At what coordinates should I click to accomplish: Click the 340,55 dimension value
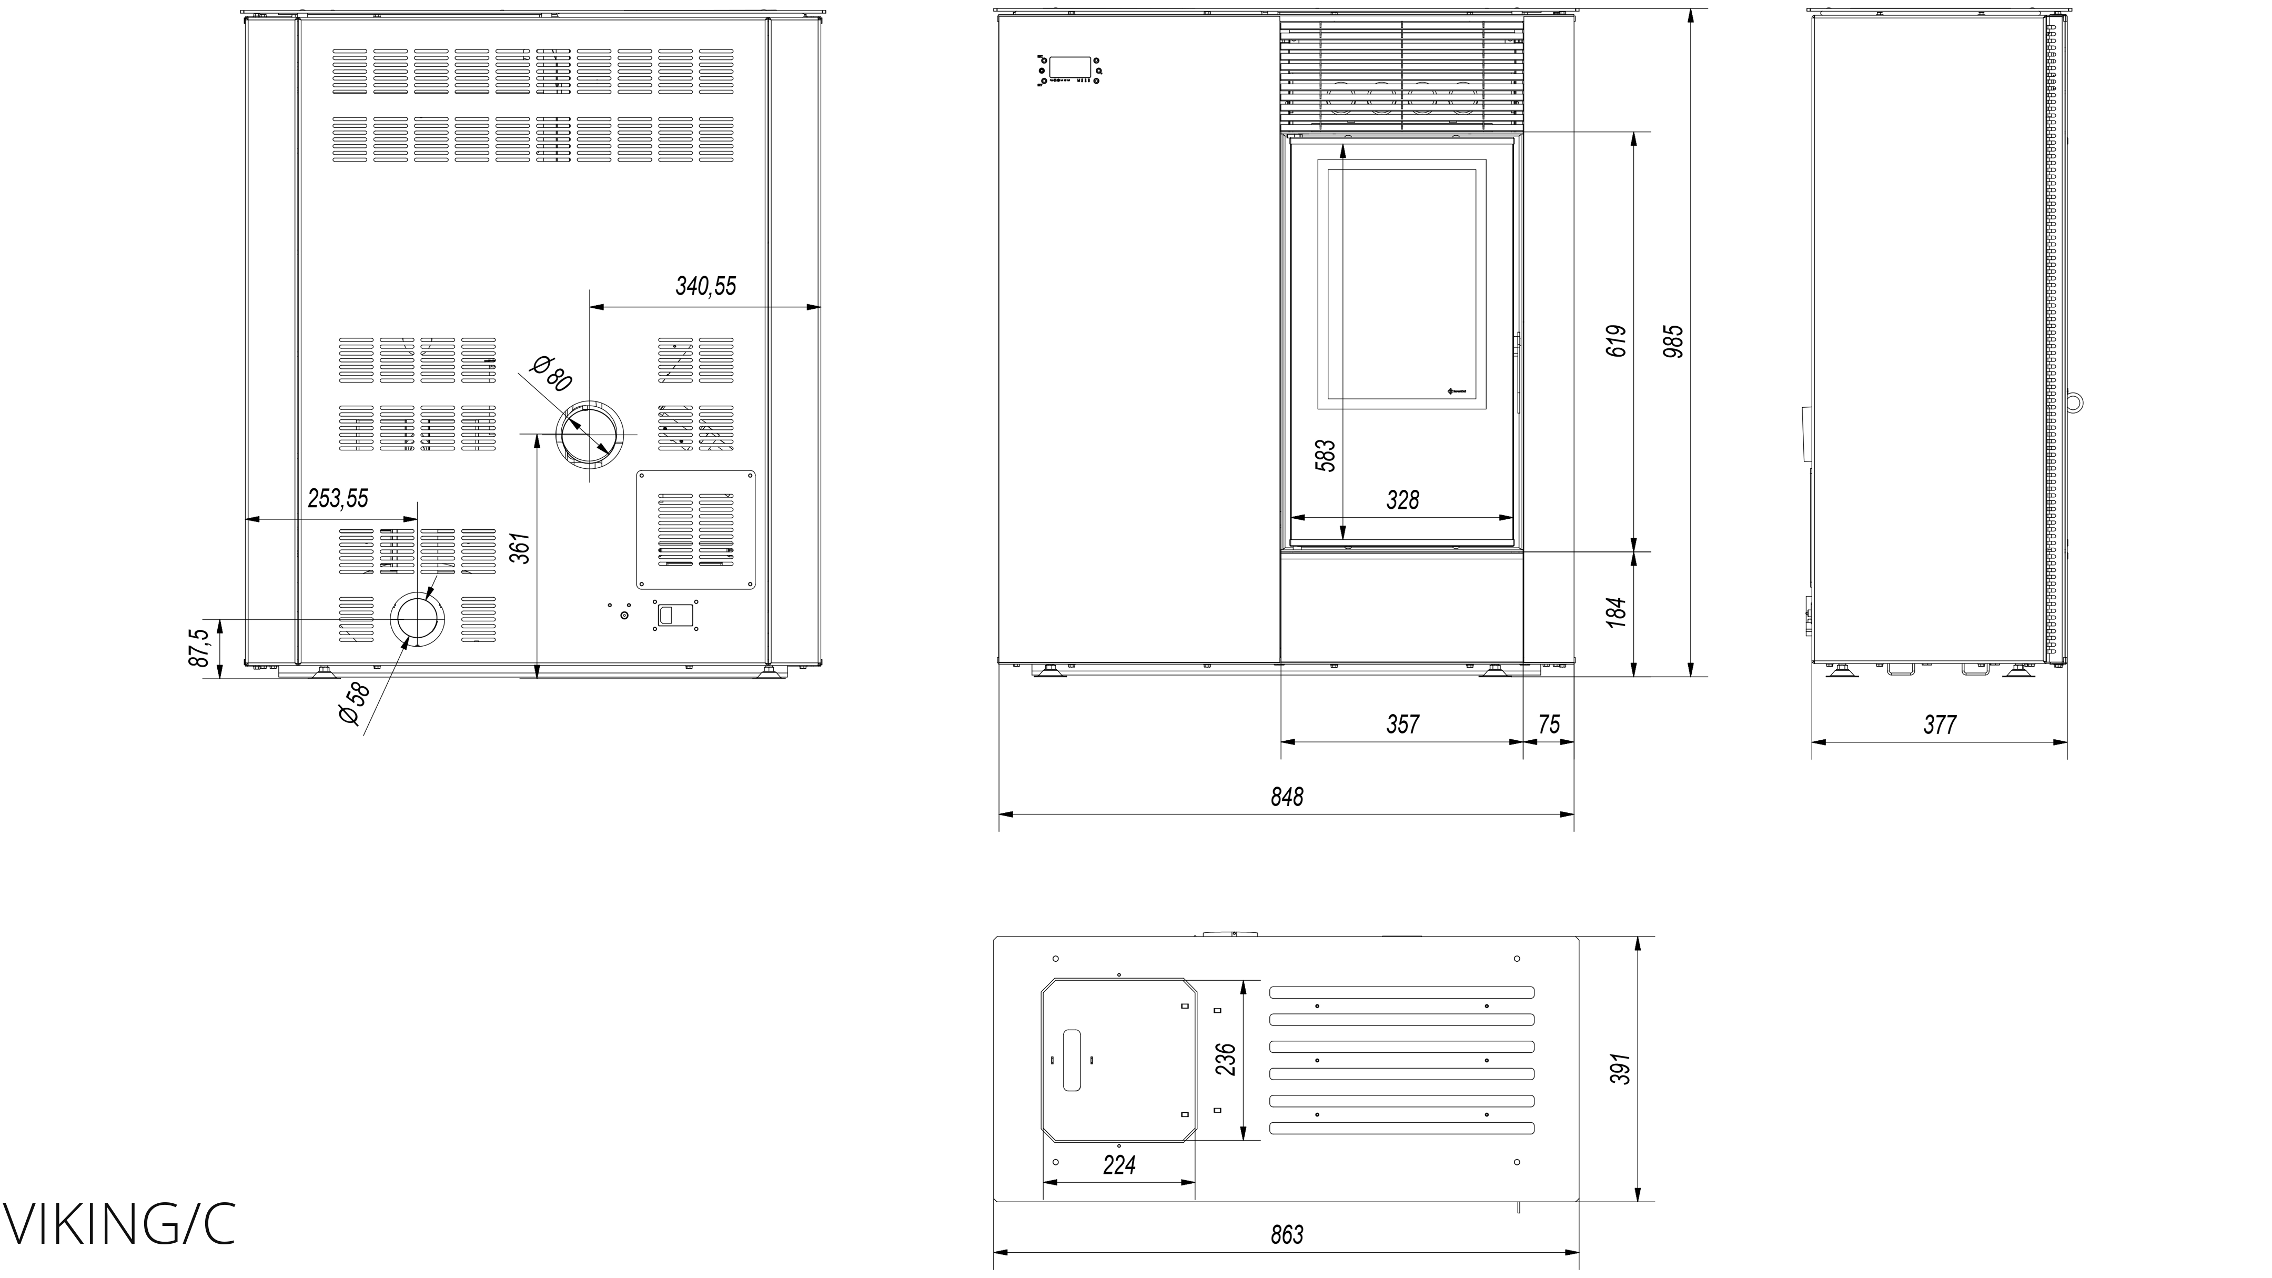pyautogui.click(x=705, y=286)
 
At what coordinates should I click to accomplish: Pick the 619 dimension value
pyautogui.click(x=1616, y=341)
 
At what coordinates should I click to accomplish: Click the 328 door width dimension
pyautogui.click(x=1402, y=500)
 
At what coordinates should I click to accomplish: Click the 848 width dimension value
pyautogui.click(x=1287, y=797)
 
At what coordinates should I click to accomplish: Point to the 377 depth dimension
pyautogui.click(x=1940, y=725)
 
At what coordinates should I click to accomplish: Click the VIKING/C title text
pyautogui.click(x=119, y=1225)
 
